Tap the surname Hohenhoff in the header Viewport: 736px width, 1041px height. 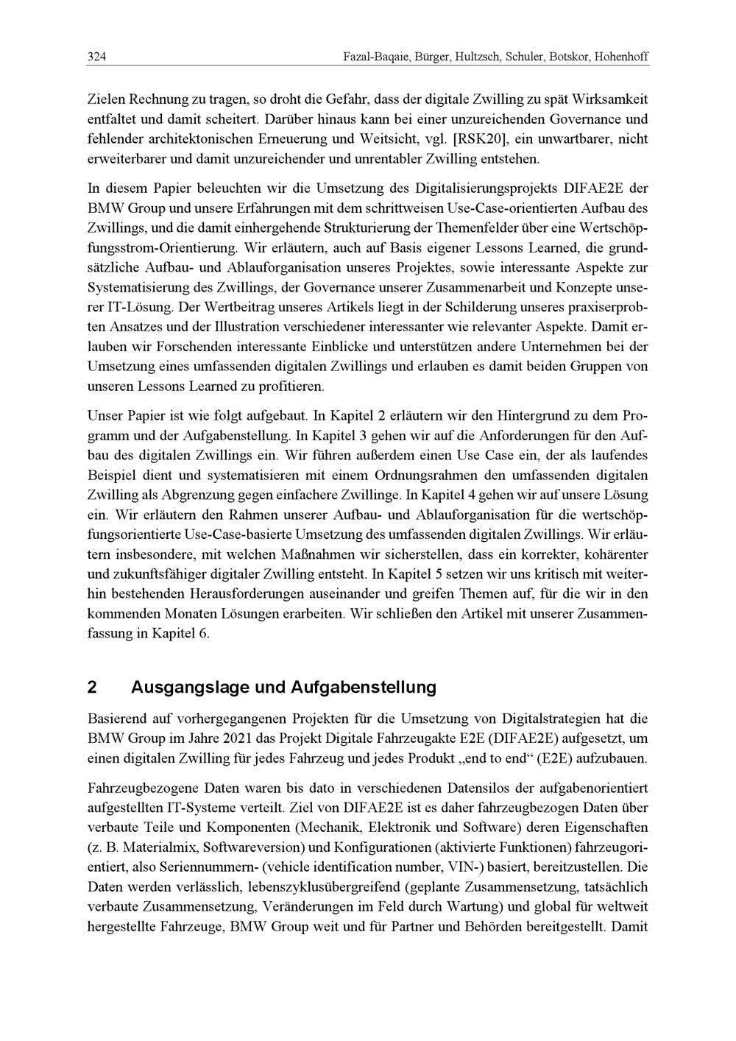(x=621, y=57)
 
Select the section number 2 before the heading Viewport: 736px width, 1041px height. (x=92, y=688)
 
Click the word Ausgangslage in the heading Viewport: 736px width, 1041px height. (x=188, y=688)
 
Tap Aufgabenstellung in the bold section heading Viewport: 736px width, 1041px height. (x=364, y=688)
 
